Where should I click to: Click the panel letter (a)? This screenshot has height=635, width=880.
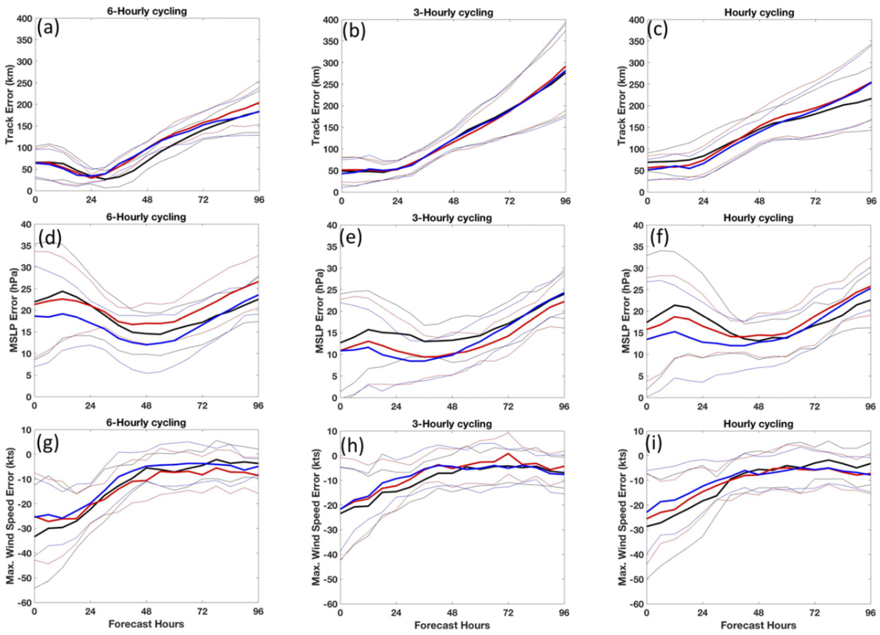click(x=48, y=28)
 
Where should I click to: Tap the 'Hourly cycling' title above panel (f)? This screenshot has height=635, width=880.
click(x=759, y=218)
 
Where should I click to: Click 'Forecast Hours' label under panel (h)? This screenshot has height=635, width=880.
click(x=452, y=626)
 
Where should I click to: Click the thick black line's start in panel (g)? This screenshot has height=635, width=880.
click(x=35, y=536)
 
